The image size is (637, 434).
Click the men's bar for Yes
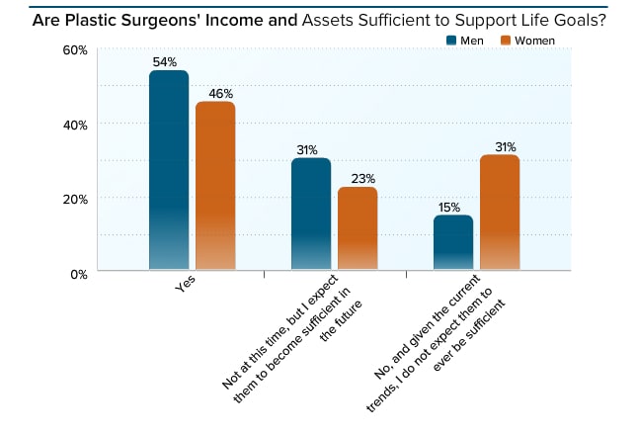click(168, 170)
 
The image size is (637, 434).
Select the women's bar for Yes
click(215, 186)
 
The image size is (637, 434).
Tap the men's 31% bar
click(311, 214)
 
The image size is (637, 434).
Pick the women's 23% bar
click(358, 228)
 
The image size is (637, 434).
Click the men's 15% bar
click(453, 242)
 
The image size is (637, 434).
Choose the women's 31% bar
click(500, 213)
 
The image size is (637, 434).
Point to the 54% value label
click(165, 61)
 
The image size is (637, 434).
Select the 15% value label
click(450, 207)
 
